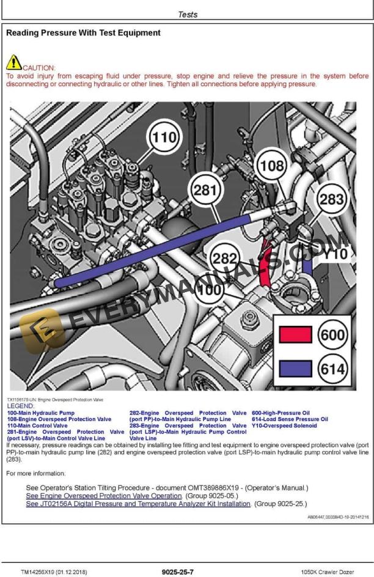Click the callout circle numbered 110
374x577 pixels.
(163, 138)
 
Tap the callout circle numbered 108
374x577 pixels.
(272, 165)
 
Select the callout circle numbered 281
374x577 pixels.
(205, 190)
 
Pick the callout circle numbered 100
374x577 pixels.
(211, 290)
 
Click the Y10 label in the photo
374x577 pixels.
(335, 253)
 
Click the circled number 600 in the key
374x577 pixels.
(332, 335)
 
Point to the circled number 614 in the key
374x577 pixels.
(332, 369)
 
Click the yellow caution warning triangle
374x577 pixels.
(13, 62)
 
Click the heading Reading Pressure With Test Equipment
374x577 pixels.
(83, 32)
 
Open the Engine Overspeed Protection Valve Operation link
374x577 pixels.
(104, 496)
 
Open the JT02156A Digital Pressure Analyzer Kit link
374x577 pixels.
(138, 504)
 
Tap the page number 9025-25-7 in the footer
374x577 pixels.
(178, 572)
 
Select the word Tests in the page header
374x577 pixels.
(188, 14)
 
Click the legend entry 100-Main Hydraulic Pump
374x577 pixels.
(41, 413)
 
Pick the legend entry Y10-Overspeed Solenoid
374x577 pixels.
(284, 426)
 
